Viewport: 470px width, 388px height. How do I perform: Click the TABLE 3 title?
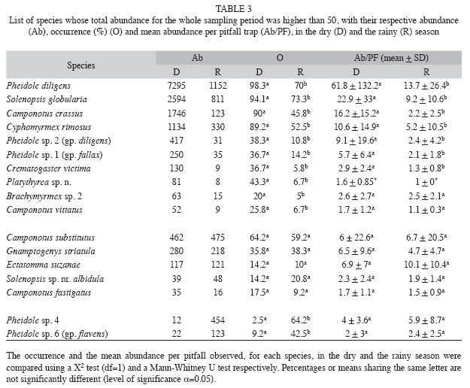[234, 9]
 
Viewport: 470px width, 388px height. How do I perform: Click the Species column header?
[81, 65]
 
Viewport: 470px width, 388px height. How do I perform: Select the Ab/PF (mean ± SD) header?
[391, 58]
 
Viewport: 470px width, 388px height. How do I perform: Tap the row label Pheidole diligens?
[38, 86]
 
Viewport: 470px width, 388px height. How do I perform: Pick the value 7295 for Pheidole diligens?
[176, 86]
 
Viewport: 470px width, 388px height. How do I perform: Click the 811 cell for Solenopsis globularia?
[217, 99]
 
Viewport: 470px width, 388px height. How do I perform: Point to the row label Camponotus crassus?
[44, 114]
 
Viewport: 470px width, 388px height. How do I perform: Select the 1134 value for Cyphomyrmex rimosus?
[176, 127]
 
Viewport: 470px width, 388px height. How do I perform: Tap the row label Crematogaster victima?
[48, 168]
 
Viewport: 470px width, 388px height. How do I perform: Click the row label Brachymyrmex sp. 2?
[44, 196]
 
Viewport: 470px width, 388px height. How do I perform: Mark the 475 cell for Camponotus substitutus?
[217, 238]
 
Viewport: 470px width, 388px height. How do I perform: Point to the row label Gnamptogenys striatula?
[50, 251]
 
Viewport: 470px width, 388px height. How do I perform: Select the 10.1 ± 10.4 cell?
[426, 265]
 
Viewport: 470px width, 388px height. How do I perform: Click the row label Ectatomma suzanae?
[43, 265]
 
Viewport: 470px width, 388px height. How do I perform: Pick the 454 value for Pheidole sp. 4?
[217, 320]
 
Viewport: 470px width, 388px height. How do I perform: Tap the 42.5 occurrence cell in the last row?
[300, 334]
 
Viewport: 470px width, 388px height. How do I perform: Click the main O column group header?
[280, 58]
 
